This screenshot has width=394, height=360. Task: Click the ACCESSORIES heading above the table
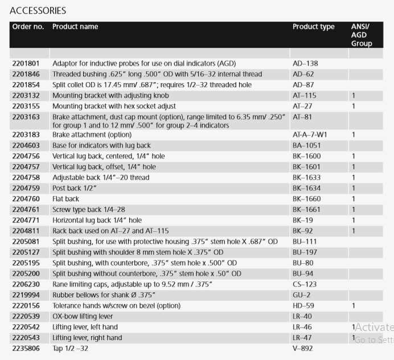[x=38, y=10]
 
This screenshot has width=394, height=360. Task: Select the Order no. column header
[x=28, y=27]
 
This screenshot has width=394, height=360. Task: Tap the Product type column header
[x=313, y=27]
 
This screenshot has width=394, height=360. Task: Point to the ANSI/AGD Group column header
[x=362, y=35]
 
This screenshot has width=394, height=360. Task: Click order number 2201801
[x=26, y=63]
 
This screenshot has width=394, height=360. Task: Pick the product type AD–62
[x=303, y=74]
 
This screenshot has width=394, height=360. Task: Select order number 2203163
[x=26, y=117]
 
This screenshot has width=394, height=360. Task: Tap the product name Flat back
[x=67, y=199]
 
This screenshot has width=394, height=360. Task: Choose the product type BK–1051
[x=307, y=145]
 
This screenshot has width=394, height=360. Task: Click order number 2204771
[x=26, y=220]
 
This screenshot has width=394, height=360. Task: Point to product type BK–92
[x=303, y=231]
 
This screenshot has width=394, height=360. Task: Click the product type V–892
[x=302, y=348]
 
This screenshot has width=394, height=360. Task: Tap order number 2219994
[x=26, y=294]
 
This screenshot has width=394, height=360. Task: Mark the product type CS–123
[x=305, y=284]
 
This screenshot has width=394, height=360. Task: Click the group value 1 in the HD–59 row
[x=354, y=305]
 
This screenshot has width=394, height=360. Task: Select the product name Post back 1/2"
[x=75, y=189]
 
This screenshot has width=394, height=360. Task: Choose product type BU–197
[x=305, y=252]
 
